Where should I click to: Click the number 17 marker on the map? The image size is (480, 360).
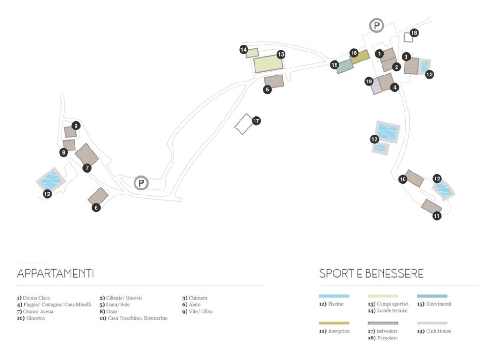256,120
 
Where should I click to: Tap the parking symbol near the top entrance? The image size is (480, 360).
376,26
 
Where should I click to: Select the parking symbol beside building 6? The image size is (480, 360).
140,183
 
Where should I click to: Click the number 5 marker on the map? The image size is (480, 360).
267,89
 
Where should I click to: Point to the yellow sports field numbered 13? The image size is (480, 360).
265,64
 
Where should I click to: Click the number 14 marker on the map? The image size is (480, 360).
243,49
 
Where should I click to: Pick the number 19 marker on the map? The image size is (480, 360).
368,81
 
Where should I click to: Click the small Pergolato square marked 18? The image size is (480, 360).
407,37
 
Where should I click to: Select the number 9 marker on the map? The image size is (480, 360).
75,125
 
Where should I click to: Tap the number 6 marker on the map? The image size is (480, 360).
96,207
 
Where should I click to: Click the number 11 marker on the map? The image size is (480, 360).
436,216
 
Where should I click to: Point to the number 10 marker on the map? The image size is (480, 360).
403,179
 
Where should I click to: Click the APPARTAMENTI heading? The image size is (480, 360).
56,274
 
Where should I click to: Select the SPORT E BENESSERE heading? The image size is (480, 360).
372,274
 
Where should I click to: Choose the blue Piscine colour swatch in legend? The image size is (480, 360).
334,296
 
